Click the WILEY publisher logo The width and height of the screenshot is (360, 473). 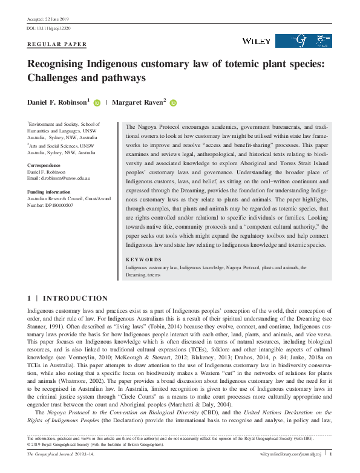256,41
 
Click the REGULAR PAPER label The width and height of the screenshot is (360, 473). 57,44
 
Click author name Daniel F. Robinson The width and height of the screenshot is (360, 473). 58,103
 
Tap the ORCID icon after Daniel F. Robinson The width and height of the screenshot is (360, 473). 97,103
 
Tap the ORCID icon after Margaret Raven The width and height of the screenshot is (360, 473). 173,103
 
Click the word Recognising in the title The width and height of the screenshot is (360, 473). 63,65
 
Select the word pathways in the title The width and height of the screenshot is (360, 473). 119,78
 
